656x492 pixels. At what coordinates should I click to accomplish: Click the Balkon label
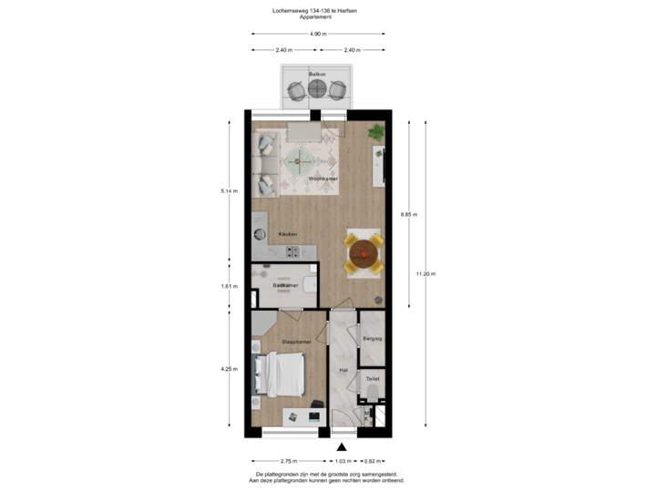click(317, 73)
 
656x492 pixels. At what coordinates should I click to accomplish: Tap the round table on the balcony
click(317, 90)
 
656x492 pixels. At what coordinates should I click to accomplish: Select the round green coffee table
click(299, 164)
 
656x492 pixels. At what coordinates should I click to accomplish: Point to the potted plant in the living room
click(375, 132)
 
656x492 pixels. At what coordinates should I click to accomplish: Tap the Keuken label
click(288, 234)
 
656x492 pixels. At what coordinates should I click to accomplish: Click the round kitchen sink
click(258, 235)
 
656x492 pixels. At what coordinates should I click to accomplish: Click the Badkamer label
click(284, 285)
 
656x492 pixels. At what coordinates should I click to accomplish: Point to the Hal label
click(343, 371)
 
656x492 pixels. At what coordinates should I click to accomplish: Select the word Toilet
click(372, 376)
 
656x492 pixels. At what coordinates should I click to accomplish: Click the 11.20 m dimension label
click(425, 272)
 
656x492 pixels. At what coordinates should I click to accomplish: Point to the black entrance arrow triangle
click(343, 446)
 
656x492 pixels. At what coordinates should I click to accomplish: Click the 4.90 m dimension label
click(317, 34)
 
